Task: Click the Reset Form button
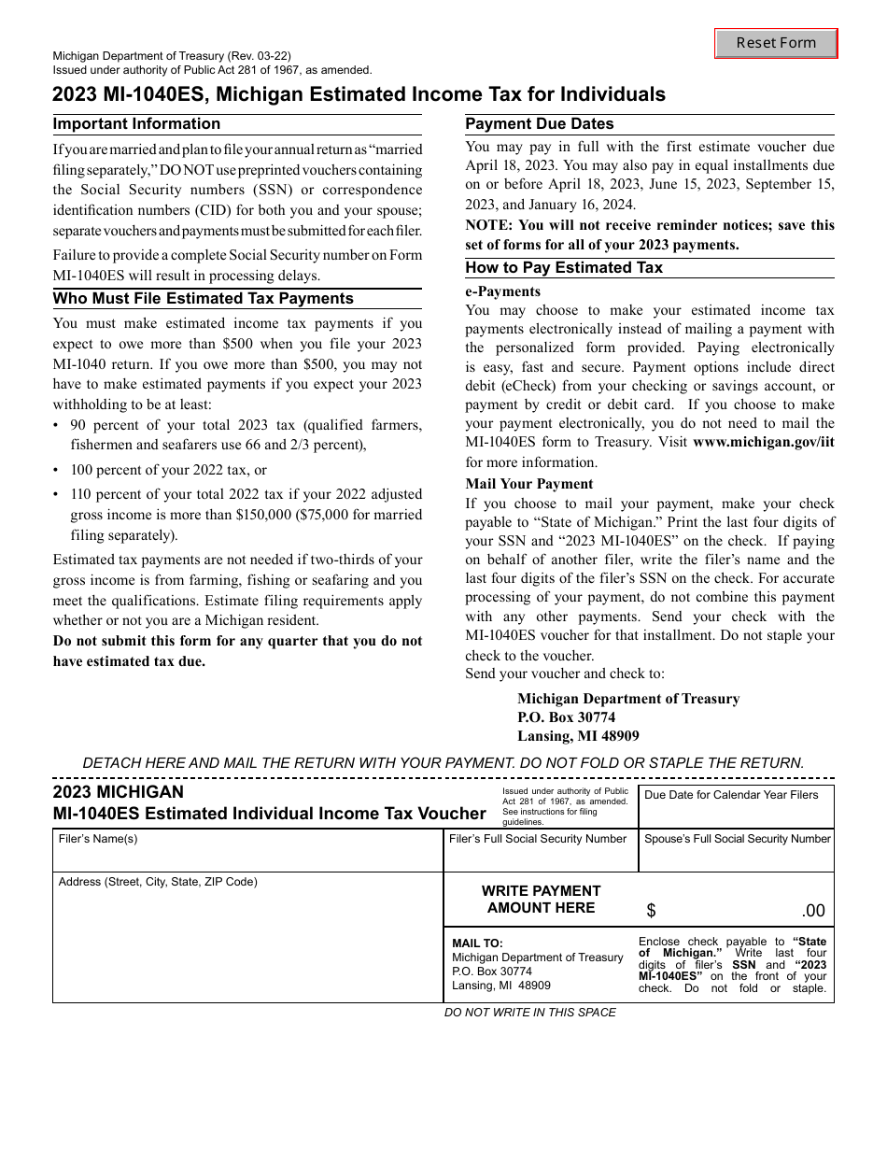(776, 43)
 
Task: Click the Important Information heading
(136, 124)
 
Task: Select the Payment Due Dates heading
(540, 124)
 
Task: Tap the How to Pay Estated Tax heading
(564, 267)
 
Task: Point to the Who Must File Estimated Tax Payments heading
(204, 299)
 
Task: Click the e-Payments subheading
(503, 291)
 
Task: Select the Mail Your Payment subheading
(529, 484)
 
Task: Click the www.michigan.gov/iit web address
(763, 443)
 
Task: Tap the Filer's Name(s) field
(247, 855)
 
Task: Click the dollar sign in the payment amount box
(651, 911)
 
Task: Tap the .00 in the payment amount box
(812, 912)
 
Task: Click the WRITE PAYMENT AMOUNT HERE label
(541, 899)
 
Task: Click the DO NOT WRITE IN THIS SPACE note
(529, 1012)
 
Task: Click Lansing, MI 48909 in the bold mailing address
(578, 736)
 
